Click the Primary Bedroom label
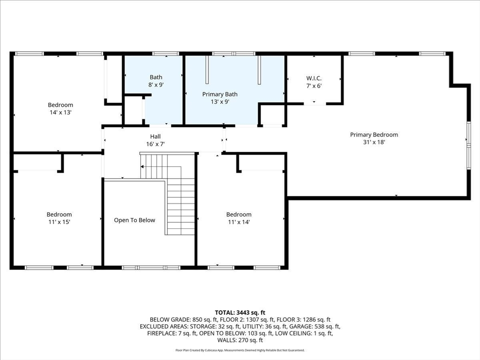(x=374, y=135)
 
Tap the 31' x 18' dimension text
(x=374, y=142)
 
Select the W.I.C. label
(x=314, y=78)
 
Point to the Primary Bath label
(x=220, y=94)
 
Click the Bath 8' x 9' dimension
(x=156, y=84)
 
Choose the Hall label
(x=156, y=136)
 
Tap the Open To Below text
(x=135, y=220)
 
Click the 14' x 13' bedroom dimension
(x=60, y=112)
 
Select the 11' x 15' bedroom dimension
(x=60, y=222)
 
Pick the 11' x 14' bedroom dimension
(x=239, y=222)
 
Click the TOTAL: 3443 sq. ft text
(x=240, y=313)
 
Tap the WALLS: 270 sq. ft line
(x=240, y=340)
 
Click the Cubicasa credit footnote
(x=240, y=350)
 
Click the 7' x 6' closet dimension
(x=314, y=86)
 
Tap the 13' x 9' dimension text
(x=220, y=102)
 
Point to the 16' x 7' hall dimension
(x=156, y=144)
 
